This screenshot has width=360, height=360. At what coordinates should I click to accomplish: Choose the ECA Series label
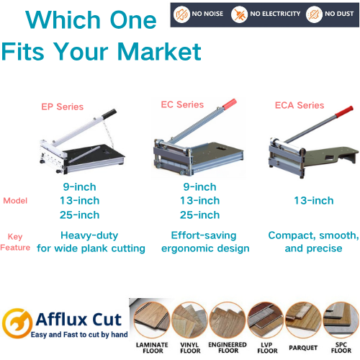300,105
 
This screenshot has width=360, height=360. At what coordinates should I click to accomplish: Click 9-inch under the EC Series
199,187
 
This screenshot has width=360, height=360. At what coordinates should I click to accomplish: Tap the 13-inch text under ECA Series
314,200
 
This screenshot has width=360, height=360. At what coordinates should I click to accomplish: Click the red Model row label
16,201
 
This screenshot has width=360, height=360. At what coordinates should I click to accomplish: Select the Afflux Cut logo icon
17,320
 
